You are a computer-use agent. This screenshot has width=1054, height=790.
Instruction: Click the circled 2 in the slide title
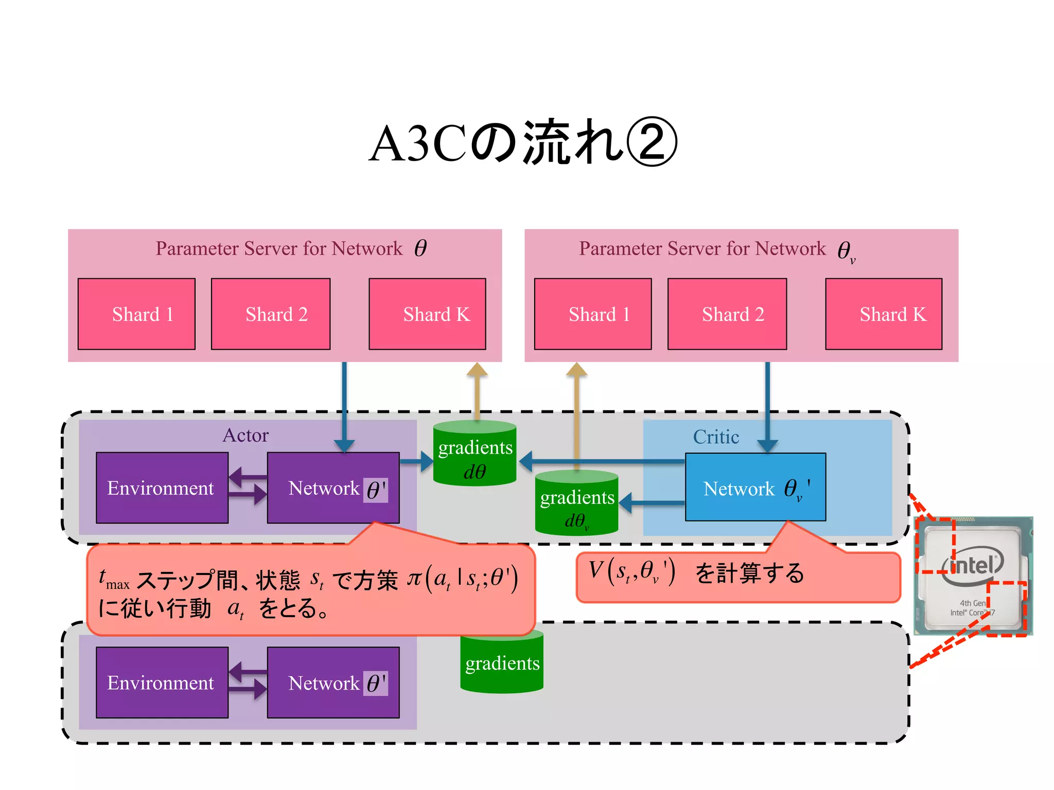(652, 142)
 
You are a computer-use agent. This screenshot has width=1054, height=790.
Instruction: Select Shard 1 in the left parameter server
(136, 314)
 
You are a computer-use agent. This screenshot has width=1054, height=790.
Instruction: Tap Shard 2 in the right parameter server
(727, 314)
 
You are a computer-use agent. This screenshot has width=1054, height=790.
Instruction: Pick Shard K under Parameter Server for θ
(427, 314)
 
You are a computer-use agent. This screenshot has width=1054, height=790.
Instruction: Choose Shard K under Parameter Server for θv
(884, 314)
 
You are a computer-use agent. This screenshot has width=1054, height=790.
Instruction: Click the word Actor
(245, 435)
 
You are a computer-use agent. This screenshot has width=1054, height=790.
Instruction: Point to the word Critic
(716, 437)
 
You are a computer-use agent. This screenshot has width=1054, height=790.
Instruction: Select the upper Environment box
(162, 488)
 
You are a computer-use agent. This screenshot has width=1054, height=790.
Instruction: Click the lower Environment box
(162, 682)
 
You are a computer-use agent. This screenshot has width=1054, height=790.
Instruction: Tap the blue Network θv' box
(755, 487)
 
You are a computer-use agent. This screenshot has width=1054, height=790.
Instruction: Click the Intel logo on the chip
(972, 566)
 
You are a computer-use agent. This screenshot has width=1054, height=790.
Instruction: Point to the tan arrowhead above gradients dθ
(477, 370)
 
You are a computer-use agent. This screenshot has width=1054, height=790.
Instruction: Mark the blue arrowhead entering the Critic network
(767, 445)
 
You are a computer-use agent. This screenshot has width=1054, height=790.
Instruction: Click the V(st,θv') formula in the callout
(632, 572)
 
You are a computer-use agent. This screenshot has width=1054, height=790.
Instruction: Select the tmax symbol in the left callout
(113, 580)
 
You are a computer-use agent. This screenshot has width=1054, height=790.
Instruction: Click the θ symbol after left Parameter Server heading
(420, 248)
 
